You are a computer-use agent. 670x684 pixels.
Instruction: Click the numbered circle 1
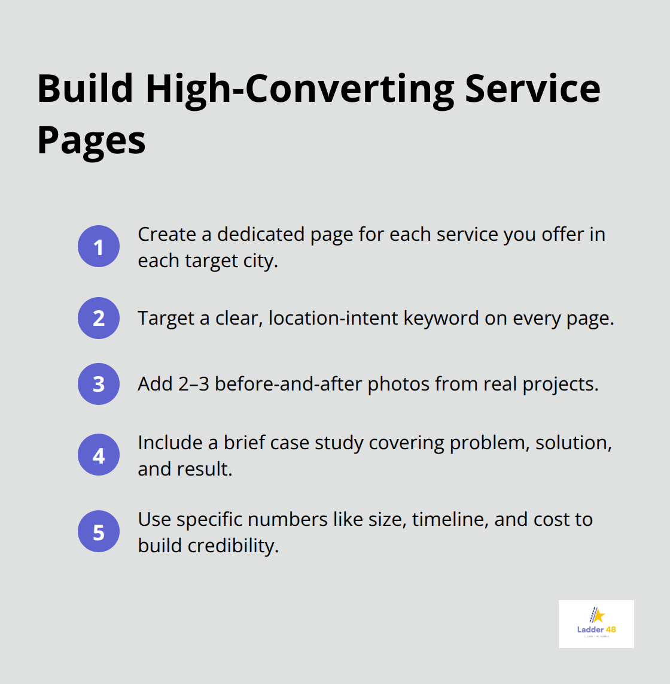pyautogui.click(x=99, y=246)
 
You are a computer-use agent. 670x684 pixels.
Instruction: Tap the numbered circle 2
pyautogui.click(x=99, y=318)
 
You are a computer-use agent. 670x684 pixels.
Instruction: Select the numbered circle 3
pyautogui.click(x=99, y=384)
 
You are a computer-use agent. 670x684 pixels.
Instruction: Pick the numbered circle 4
pyautogui.click(x=99, y=455)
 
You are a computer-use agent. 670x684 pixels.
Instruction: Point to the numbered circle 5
pyautogui.click(x=99, y=531)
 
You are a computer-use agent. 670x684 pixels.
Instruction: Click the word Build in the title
pyautogui.click(x=85, y=89)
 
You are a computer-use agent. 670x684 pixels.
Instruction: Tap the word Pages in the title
pyautogui.click(x=92, y=140)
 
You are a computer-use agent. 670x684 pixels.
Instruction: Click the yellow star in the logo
pyautogui.click(x=598, y=616)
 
